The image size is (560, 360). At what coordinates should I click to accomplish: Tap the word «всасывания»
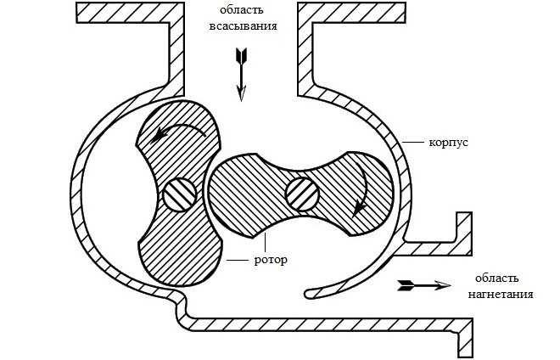pos(243,25)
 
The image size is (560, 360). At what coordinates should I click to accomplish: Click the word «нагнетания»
pos(501,295)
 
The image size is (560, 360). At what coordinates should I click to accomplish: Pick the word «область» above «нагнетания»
pos(496,278)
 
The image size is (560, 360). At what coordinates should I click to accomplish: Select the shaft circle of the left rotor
pos(179,194)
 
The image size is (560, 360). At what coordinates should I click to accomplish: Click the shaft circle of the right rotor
pos(302,194)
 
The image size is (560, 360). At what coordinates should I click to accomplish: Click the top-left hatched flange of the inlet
pos(127,12)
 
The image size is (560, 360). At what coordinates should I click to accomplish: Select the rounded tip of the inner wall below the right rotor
pos(311,293)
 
